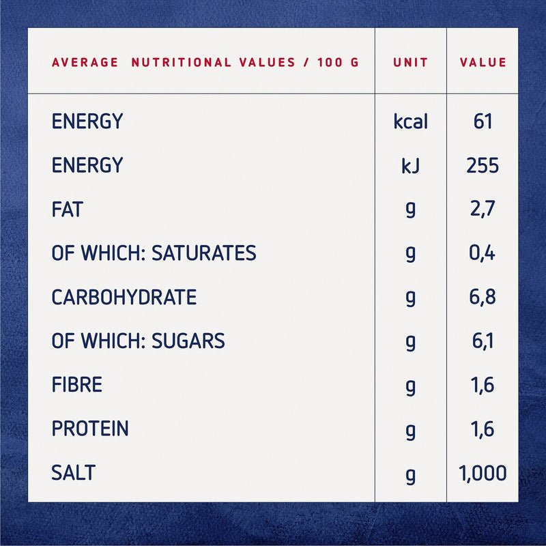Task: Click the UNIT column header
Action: pos(411,62)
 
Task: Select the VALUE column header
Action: pos(483,62)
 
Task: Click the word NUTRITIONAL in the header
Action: pos(181,62)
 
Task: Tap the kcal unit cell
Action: pos(411,121)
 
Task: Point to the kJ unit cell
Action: pos(411,166)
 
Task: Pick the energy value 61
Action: pos(483,121)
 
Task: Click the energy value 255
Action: pos(483,166)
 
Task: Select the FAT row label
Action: pos(67,210)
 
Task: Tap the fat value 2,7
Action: pos(483,210)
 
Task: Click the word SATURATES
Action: pos(203,253)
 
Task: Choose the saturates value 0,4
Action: pos(483,253)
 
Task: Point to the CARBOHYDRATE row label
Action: pos(124,298)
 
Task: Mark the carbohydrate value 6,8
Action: pos(483,298)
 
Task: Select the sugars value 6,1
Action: pos(483,341)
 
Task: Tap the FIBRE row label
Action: pos(76,385)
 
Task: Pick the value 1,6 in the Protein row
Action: pos(483,429)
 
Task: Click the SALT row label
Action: pos(73,472)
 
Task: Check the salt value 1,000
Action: pos(483,472)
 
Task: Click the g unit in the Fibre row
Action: pos(410,386)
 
